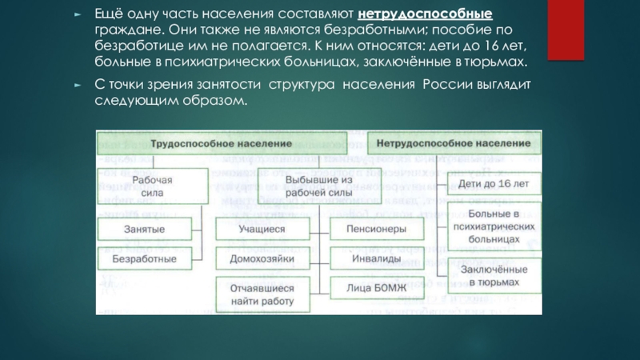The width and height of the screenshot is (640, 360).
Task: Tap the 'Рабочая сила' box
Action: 152,186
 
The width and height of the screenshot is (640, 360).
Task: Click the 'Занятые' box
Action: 144,230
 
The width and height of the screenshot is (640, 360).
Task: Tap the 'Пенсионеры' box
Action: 374,230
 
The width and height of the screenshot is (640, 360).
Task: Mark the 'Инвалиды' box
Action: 374,259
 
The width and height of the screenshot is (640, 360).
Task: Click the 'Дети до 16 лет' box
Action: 494,185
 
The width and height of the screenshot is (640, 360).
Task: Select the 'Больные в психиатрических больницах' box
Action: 494,226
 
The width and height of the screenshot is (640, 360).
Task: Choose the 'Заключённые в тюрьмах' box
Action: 494,276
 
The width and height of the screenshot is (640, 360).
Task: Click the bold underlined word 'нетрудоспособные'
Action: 426,16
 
